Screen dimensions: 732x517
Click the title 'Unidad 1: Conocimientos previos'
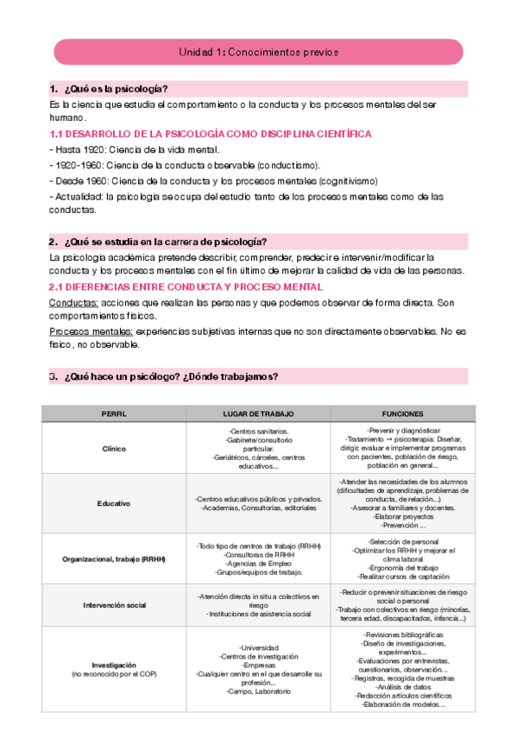[258, 52]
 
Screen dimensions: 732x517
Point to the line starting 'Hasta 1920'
[129, 149]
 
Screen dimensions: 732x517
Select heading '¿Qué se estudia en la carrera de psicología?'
[164, 241]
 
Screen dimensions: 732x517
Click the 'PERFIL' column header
[114, 414]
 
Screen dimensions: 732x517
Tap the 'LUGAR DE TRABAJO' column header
[258, 414]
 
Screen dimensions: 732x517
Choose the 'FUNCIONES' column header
[402, 414]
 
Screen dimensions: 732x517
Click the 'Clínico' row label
[114, 449]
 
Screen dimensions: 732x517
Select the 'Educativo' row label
[114, 502]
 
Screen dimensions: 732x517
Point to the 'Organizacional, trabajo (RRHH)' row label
[114, 558]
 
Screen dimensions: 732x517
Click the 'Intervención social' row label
[114, 606]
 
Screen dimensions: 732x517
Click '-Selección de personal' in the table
[402, 540]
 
